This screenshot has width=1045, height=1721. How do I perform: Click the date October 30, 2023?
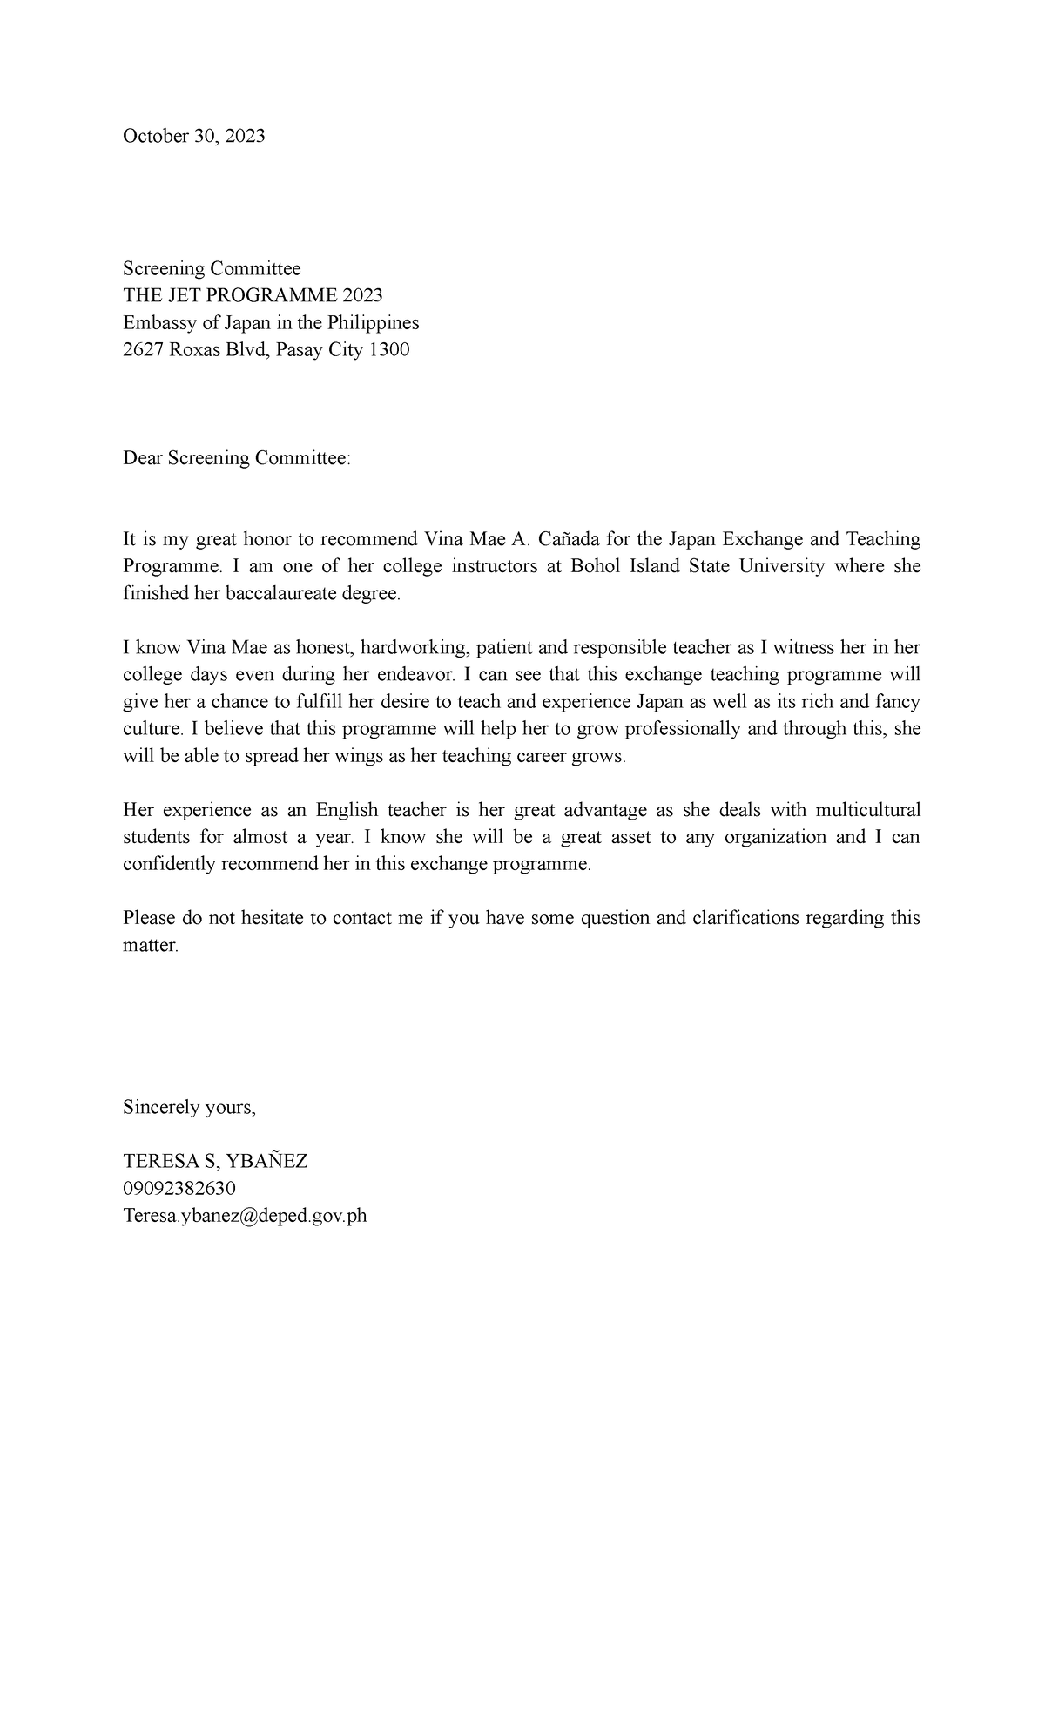[x=193, y=136]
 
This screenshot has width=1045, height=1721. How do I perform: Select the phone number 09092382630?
[x=179, y=1189]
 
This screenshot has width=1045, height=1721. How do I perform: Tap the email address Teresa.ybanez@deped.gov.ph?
[x=245, y=1216]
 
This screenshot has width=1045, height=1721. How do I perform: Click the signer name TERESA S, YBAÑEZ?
[x=215, y=1162]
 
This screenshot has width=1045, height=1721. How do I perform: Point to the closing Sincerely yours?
[x=189, y=1108]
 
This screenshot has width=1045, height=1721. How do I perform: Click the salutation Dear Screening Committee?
[x=236, y=458]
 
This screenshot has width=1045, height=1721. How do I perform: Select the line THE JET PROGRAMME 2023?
[x=253, y=296]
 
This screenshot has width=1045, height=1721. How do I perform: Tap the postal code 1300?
[x=388, y=350]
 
